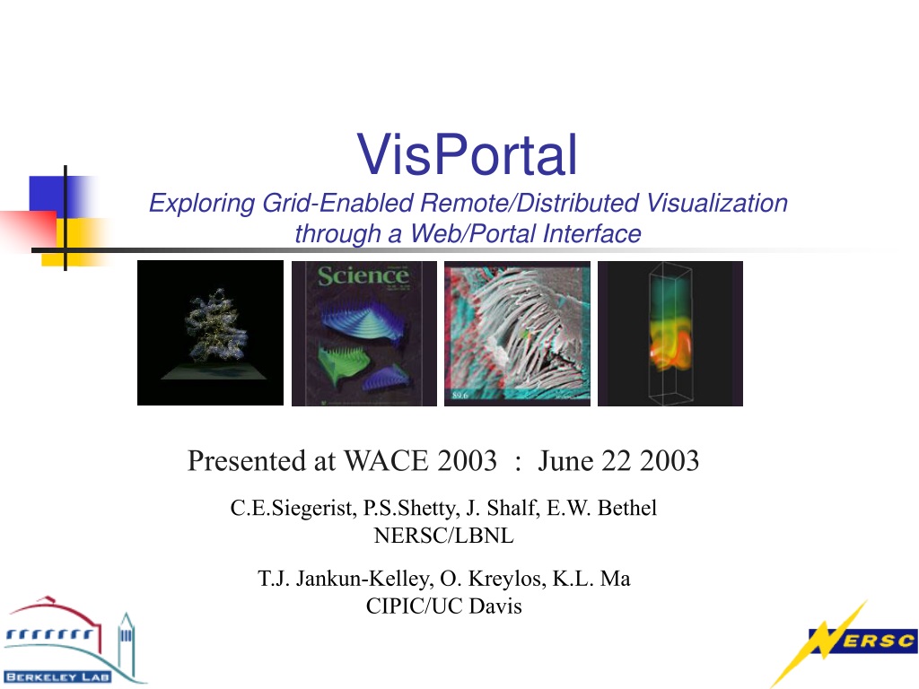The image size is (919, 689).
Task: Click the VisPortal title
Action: tap(467, 154)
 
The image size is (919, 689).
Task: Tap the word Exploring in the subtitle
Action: tap(202, 205)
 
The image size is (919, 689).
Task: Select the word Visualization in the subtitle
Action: tap(717, 204)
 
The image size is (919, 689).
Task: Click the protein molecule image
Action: tap(210, 333)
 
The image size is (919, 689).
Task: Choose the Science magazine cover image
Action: tap(364, 334)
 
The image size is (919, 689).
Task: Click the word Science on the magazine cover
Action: tap(363, 275)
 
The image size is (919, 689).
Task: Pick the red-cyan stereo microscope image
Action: tap(518, 334)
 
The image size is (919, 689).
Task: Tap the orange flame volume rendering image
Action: tap(670, 334)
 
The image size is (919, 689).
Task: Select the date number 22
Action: tap(616, 461)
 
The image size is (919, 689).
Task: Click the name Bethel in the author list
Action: tap(627, 508)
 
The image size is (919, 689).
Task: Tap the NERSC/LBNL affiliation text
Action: tap(443, 536)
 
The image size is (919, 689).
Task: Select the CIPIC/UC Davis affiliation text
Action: tap(443, 606)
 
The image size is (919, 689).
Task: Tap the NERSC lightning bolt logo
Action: tap(844, 642)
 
